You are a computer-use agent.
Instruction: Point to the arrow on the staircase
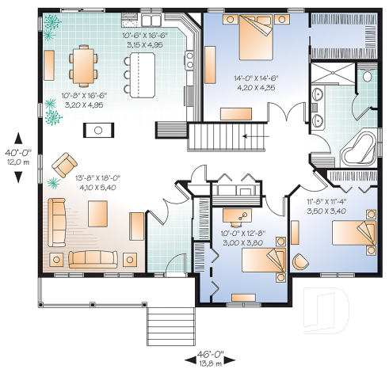(254, 137)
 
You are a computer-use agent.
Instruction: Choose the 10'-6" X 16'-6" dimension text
(143, 40)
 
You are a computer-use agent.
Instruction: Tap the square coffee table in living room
(97, 213)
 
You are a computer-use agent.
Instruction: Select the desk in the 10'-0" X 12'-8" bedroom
(238, 214)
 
